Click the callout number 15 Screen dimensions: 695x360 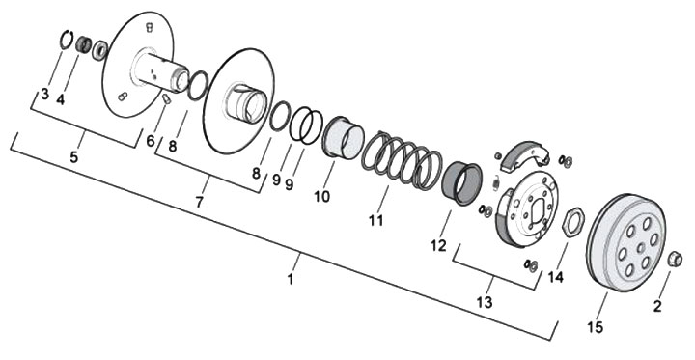[x=596, y=327]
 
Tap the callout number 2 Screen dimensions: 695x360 [x=657, y=306]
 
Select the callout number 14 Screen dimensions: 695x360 [x=555, y=278]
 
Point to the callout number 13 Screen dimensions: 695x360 [x=485, y=302]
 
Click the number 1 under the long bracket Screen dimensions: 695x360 [x=291, y=280]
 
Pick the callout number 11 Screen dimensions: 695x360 [x=375, y=220]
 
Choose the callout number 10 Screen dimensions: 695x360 [x=322, y=196]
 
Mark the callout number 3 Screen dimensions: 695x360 [x=44, y=95]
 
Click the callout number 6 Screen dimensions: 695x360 [x=151, y=141]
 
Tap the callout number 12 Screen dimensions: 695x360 [x=438, y=245]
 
